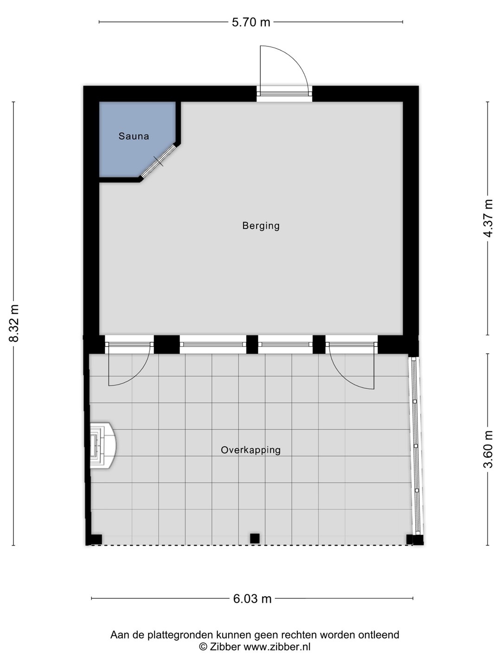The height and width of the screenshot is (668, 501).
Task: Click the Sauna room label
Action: (134, 136)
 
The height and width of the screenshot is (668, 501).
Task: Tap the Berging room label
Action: (261, 226)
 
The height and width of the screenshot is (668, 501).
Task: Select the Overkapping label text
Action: (250, 450)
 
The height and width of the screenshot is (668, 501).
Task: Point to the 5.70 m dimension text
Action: (251, 22)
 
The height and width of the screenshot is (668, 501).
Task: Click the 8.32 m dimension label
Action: (14, 323)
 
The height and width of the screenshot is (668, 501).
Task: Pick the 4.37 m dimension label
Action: (488, 218)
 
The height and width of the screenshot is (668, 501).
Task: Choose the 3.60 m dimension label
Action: (488, 449)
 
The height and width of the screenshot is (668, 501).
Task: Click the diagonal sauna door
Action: (159, 161)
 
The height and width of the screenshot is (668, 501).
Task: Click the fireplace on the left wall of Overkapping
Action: (103, 446)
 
